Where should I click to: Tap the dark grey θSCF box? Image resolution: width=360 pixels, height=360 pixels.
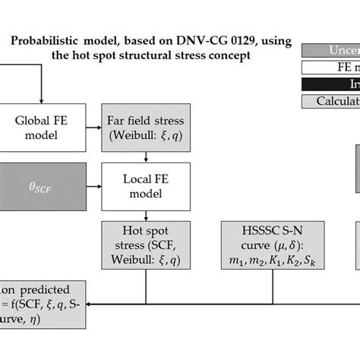point(42,183)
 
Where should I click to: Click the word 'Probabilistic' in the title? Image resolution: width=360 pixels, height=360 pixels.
point(44,42)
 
